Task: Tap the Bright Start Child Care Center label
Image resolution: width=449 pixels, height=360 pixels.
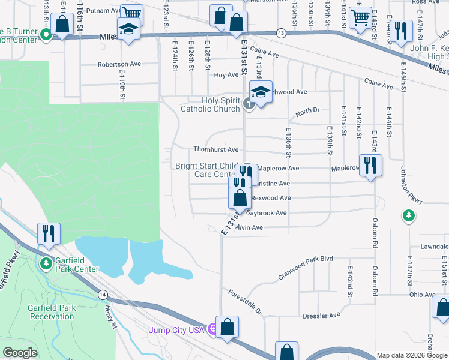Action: pos(207,170)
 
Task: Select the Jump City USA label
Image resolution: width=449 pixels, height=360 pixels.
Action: pos(178,329)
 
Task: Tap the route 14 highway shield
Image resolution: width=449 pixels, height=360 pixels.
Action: pos(103,295)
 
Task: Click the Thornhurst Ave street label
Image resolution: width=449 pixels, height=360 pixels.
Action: pos(215,149)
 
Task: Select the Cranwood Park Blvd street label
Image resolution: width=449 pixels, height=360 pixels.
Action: pos(305,268)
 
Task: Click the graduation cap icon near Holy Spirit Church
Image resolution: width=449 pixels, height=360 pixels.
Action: pos(261,92)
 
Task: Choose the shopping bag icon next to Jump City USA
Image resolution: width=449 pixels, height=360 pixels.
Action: pos(228,327)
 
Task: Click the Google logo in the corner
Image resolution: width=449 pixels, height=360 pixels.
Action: pos(20,353)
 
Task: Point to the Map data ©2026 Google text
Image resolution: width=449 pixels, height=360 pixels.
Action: pos(411,355)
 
